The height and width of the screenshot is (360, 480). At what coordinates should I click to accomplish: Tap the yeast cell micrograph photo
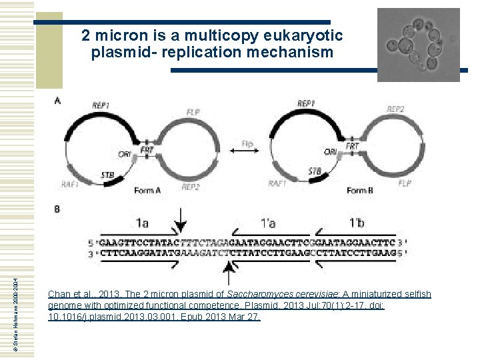click(418, 45)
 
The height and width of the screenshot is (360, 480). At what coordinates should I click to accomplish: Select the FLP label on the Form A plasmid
click(193, 111)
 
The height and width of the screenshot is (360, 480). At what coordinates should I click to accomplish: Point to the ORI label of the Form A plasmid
click(125, 154)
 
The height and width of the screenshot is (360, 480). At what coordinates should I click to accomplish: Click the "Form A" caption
click(148, 190)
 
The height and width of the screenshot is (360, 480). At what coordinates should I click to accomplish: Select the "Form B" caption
click(357, 190)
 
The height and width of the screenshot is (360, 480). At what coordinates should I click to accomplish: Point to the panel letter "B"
click(57, 209)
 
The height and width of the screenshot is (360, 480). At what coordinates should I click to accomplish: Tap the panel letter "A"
click(57, 101)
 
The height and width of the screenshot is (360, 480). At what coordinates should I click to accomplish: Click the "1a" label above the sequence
click(143, 222)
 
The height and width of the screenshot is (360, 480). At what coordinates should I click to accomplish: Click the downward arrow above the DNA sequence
click(181, 220)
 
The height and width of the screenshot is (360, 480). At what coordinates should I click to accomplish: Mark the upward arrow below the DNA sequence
click(229, 271)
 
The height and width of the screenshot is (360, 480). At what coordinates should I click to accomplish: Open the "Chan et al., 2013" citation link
click(240, 305)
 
